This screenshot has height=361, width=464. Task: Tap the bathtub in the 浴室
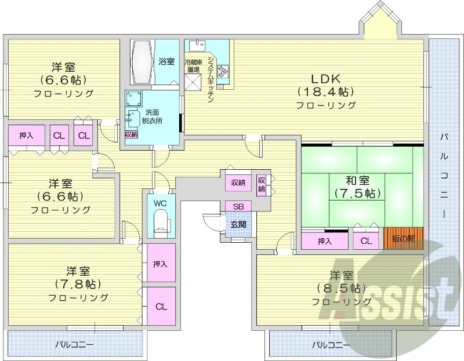[x=142, y=62]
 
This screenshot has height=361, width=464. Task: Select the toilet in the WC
[x=160, y=223]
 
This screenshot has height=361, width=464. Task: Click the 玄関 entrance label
[x=238, y=224]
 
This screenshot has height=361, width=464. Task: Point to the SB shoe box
[x=238, y=206]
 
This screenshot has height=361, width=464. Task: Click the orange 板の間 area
[x=404, y=238]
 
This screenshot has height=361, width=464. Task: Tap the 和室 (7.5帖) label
[x=358, y=186]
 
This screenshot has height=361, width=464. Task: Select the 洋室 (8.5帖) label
[x=342, y=287]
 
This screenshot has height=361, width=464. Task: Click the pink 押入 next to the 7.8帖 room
[x=160, y=264]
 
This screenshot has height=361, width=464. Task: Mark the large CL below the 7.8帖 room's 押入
[x=161, y=306]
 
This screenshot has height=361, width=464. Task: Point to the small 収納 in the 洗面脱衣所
[x=131, y=134]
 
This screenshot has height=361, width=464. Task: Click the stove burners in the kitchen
[x=223, y=71]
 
